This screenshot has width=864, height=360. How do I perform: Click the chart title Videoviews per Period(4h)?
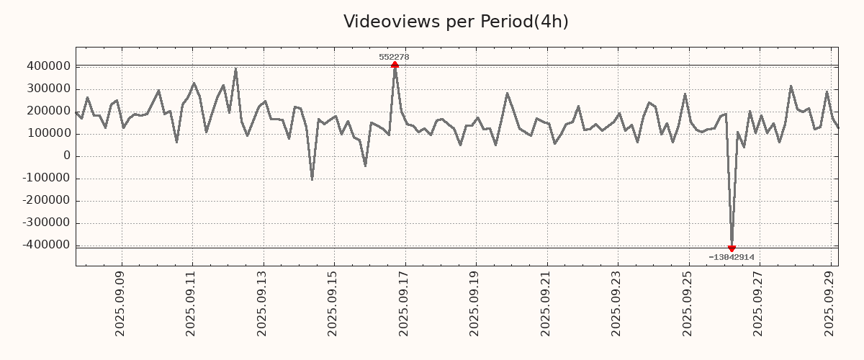pos(456,22)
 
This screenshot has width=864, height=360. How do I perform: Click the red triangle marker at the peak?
pos(395,65)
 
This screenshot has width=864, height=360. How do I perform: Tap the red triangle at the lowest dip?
pos(732,248)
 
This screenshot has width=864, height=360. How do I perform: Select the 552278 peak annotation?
pos(394,57)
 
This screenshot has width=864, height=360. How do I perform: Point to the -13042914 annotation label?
pos(731,257)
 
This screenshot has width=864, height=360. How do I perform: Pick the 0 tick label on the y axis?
pos(67,156)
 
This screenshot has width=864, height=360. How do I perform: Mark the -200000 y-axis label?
pos(45,200)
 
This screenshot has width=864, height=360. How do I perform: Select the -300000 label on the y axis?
pos(45,222)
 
